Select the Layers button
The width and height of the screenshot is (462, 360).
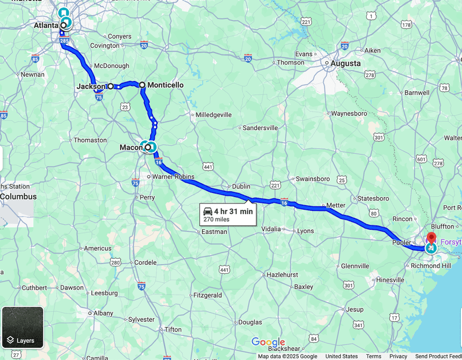click(23, 327)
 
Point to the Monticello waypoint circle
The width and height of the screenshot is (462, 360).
click(142, 85)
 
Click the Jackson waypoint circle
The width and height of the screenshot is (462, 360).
click(110, 86)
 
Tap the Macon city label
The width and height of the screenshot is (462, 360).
click(127, 147)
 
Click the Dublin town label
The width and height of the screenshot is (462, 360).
click(241, 187)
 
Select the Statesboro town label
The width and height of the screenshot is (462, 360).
click(374, 199)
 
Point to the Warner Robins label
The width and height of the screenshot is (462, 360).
click(173, 177)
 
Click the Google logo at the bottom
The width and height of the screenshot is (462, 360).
click(269, 342)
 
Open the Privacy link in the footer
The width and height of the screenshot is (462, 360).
click(398, 357)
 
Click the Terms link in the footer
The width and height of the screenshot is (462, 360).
click(373, 357)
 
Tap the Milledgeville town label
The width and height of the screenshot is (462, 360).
click(214, 115)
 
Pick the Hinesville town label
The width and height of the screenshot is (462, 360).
click(390, 280)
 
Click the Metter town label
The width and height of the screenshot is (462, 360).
click(336, 205)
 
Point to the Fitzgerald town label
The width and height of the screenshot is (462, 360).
click(207, 295)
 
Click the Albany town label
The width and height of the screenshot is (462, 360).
click(103, 313)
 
